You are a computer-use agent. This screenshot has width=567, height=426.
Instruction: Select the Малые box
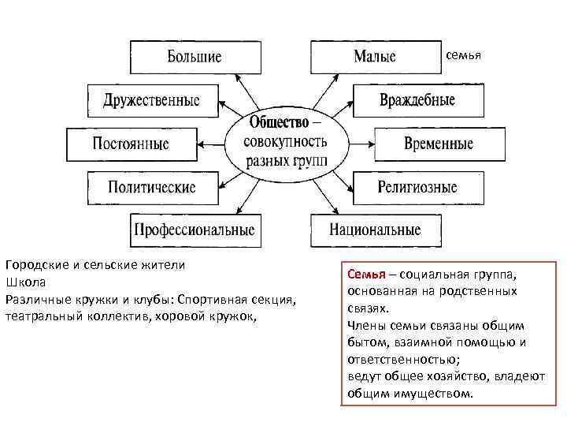[375, 58]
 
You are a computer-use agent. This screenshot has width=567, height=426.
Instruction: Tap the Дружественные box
[152, 101]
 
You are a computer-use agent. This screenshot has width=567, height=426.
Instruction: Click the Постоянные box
[131, 144]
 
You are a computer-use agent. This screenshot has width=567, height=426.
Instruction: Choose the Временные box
[439, 144]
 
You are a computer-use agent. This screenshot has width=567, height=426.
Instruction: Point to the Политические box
[152, 188]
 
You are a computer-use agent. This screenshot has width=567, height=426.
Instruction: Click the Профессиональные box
[195, 230]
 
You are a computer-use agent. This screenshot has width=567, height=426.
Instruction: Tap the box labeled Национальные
[376, 230]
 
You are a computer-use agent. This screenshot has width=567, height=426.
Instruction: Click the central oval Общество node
[284, 144]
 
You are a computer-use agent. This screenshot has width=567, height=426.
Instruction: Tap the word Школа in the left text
[25, 282]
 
